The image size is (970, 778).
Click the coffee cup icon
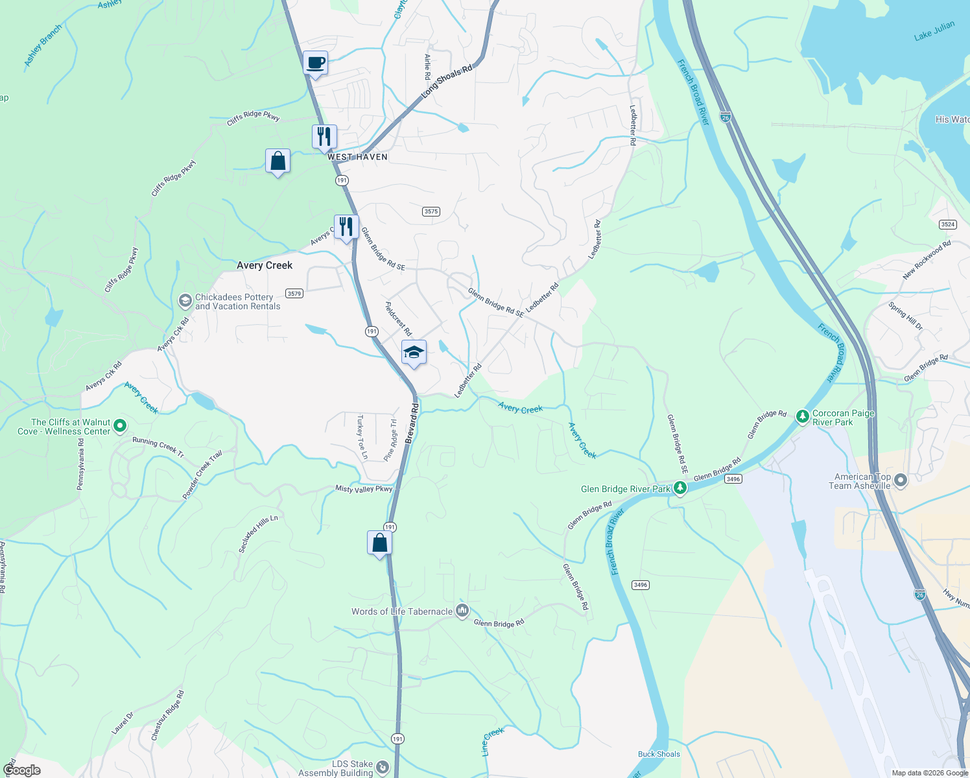[x=315, y=64]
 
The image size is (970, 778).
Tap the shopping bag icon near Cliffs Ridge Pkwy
[x=278, y=161]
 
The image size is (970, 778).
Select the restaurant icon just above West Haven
[x=324, y=137]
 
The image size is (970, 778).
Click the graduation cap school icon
[x=414, y=353]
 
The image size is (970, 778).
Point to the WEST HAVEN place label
[x=357, y=157]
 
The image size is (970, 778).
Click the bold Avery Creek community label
[x=265, y=265]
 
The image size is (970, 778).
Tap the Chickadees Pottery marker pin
[x=185, y=301]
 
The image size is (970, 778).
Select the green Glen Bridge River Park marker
[x=680, y=488]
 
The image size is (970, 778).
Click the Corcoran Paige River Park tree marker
[x=803, y=416]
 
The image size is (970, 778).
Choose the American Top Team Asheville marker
[x=900, y=480]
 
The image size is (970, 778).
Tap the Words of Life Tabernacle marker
[x=462, y=611]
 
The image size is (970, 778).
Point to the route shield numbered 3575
[x=431, y=211]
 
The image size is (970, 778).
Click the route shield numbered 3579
[x=294, y=293]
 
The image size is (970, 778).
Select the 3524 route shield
[x=947, y=224]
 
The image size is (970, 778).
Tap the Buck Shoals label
[x=659, y=754]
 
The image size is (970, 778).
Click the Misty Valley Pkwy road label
[x=364, y=489]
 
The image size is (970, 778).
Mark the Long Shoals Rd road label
[x=447, y=82]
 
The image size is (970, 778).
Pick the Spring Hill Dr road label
[x=905, y=316]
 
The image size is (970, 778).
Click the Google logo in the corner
[x=22, y=770]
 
